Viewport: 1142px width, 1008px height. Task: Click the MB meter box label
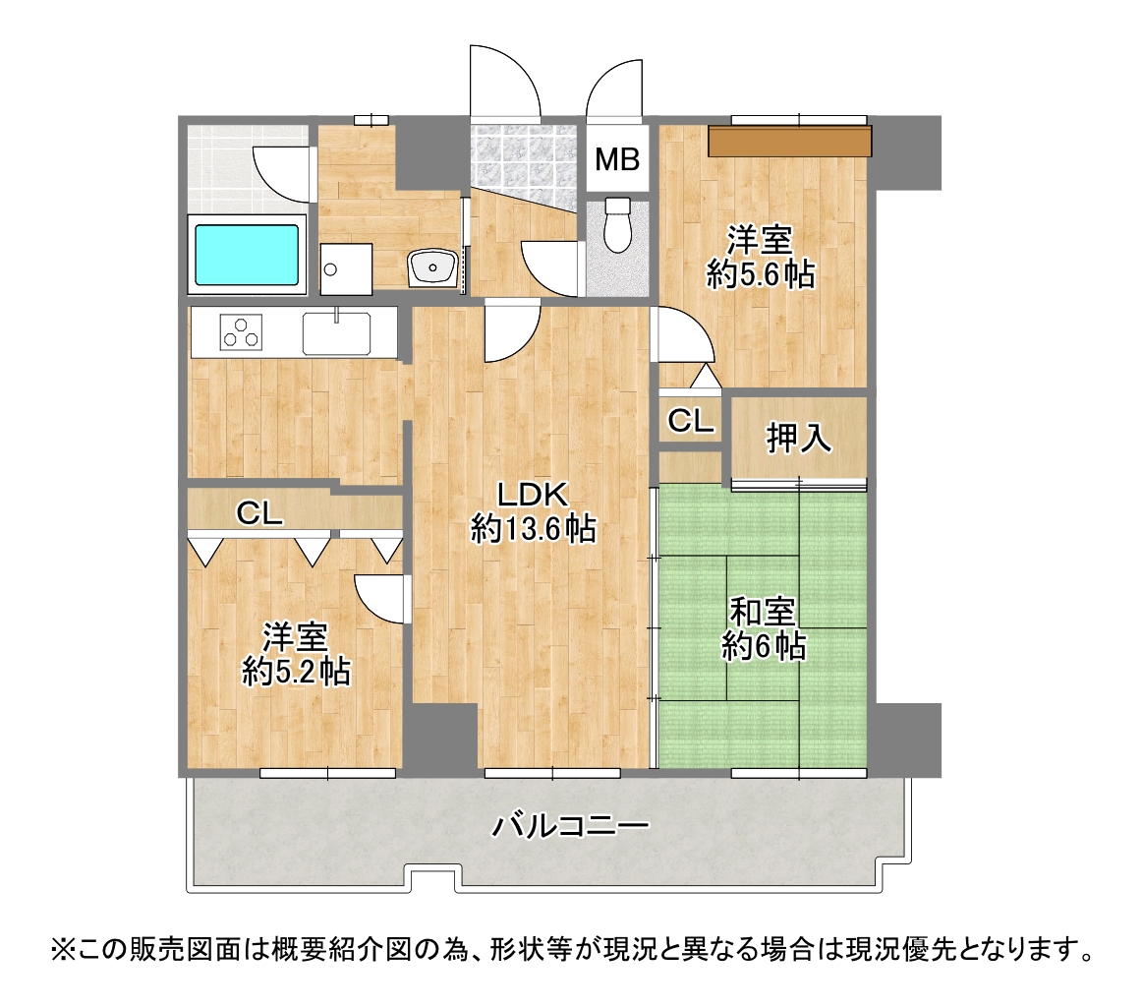[x=617, y=159]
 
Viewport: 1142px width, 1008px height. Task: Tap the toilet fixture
[x=618, y=224]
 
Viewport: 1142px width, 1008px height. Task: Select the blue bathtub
[x=247, y=255]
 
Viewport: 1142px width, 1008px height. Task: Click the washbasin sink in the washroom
[x=432, y=268]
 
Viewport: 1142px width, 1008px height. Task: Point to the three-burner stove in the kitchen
[x=242, y=332]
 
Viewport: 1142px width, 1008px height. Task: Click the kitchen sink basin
[x=336, y=333]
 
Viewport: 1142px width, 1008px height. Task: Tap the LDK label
[x=533, y=495]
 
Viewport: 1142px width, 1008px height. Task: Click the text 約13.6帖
[x=533, y=528]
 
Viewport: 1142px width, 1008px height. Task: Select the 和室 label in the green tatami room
[x=763, y=613]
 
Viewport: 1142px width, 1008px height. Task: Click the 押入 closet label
[x=798, y=438]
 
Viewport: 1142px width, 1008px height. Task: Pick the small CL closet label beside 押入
[x=691, y=421]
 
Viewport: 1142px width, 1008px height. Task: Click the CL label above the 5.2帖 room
[x=259, y=514]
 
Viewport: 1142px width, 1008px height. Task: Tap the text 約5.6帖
[x=761, y=274]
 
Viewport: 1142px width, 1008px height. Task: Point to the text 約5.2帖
[x=297, y=672]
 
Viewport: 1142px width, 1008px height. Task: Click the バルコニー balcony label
[x=570, y=826]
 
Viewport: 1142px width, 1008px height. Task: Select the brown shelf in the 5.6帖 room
[x=789, y=142]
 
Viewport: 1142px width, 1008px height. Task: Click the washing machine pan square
[x=346, y=269]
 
